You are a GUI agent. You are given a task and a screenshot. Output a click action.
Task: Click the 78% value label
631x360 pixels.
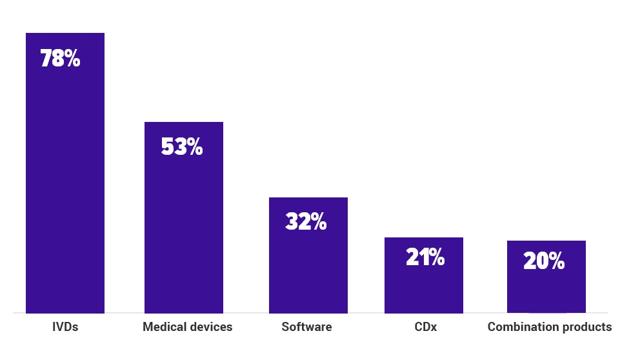[60, 59]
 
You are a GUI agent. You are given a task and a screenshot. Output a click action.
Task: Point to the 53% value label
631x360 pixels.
[181, 147]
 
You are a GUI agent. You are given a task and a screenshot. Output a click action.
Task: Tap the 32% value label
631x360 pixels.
[306, 222]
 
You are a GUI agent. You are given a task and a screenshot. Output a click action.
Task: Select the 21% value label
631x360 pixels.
[425, 257]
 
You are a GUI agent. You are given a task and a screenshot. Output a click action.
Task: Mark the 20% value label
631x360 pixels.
[544, 261]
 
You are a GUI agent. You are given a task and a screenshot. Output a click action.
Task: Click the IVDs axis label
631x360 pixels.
[65, 327]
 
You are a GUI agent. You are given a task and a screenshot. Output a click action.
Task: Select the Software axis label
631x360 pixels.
[306, 327]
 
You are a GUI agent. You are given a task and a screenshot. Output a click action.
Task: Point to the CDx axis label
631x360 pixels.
[425, 327]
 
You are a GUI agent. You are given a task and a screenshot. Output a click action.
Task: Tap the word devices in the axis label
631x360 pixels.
[211, 327]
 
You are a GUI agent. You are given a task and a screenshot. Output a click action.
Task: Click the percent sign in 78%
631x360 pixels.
[72, 59]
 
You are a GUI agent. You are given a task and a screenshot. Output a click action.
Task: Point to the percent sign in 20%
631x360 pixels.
[556, 261]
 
